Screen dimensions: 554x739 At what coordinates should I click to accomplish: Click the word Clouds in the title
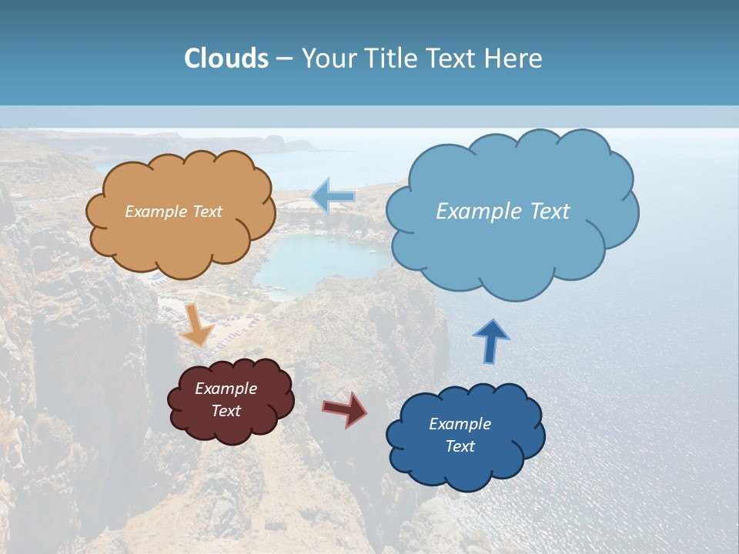point(226,58)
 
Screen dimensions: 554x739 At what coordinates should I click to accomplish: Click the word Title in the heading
point(390,58)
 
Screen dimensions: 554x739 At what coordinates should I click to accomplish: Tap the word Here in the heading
point(513,58)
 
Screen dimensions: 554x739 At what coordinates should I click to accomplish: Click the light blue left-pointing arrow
point(333,197)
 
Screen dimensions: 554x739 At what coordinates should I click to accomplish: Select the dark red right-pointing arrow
point(345,409)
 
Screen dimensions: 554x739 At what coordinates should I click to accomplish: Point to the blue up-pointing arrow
point(491,341)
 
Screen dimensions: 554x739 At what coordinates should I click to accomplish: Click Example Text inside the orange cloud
point(173,212)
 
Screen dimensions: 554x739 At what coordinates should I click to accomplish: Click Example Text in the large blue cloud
point(503,212)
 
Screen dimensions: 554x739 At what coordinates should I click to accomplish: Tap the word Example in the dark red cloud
point(226,389)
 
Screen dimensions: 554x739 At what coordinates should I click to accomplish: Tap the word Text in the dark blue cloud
point(460,446)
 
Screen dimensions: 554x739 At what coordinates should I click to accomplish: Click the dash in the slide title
point(284,59)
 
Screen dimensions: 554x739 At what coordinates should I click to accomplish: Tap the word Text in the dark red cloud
point(226,411)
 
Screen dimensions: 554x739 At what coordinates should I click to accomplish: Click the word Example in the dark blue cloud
point(460,424)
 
